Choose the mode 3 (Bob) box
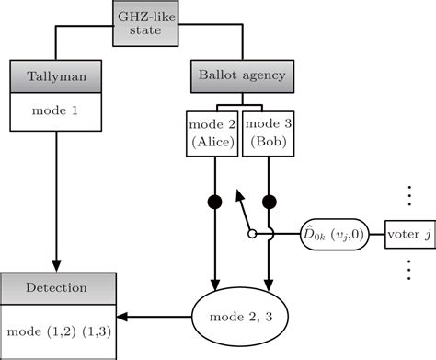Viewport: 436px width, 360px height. click(268, 132)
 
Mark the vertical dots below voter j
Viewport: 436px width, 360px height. click(407, 271)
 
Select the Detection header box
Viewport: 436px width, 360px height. click(56, 287)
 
